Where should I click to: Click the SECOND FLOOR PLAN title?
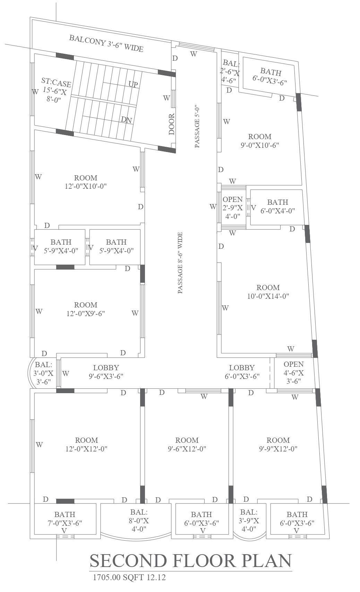pyautogui.click(x=191, y=560)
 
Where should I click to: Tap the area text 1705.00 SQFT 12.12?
pyautogui.click(x=129, y=577)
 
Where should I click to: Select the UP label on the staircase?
pyautogui.click(x=133, y=84)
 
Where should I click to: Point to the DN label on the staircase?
pyautogui.click(x=126, y=120)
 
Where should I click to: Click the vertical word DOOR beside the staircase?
pyautogui.click(x=172, y=124)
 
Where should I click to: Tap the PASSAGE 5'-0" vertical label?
pyautogui.click(x=197, y=127)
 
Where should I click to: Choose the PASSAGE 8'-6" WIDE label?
pyautogui.click(x=180, y=263)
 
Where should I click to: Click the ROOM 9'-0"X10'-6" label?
pyautogui.click(x=260, y=141)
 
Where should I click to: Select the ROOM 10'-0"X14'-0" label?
pyautogui.click(x=268, y=292)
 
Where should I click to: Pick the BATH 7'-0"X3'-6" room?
pyautogui.click(x=65, y=518)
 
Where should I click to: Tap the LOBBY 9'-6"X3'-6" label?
pyautogui.click(x=106, y=372)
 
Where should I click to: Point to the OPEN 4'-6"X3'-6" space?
pyautogui.click(x=293, y=372)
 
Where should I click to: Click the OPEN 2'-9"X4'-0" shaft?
pyautogui.click(x=232, y=208)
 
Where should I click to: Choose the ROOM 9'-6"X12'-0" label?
pyautogui.click(x=187, y=445)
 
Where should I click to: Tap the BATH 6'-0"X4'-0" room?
pyautogui.click(x=277, y=206)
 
